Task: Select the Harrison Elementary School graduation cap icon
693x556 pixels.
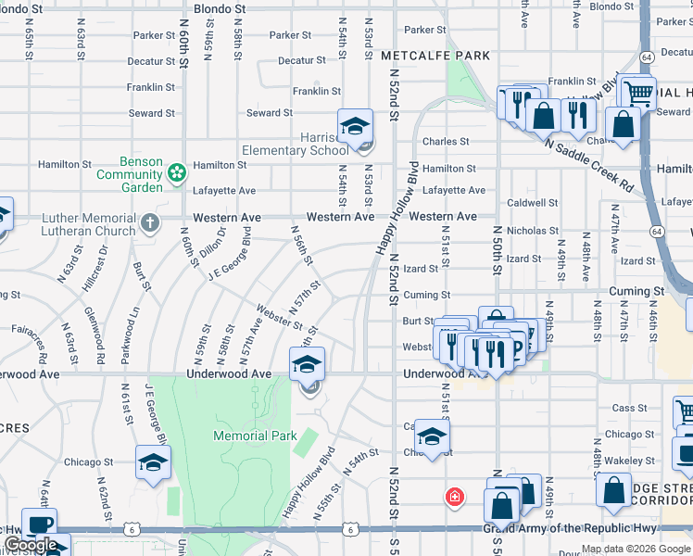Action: click(355, 126)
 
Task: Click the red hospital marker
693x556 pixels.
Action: click(454, 497)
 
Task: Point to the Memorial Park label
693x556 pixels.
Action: click(255, 436)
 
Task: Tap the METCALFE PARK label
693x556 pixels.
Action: click(435, 56)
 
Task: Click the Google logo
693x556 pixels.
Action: click(31, 545)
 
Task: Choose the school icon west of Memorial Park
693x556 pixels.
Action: click(153, 462)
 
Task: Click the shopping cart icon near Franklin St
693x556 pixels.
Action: click(636, 92)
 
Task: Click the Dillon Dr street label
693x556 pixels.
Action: click(211, 246)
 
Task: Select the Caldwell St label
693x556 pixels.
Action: click(533, 202)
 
